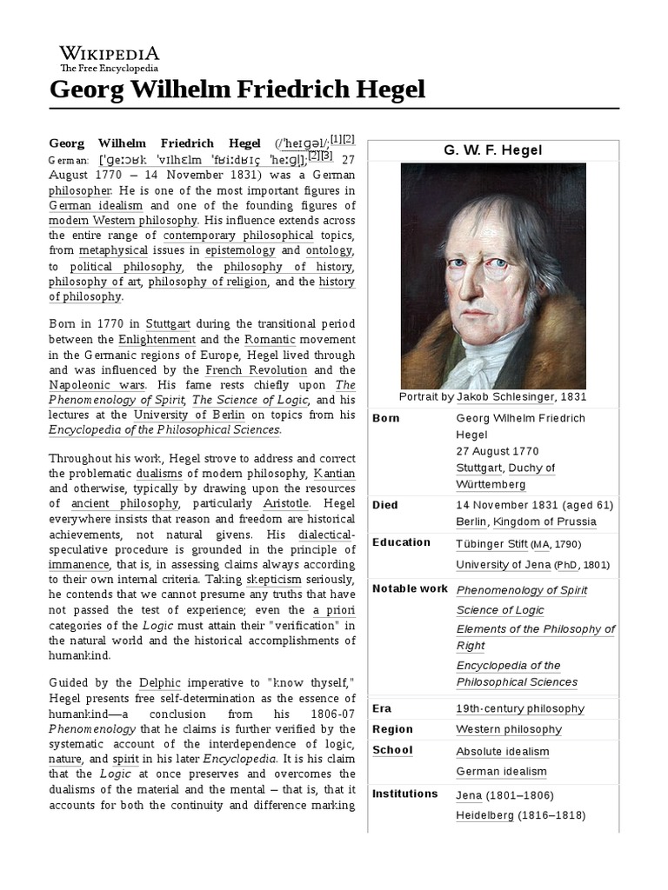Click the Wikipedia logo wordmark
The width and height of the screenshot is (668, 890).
pos(109,53)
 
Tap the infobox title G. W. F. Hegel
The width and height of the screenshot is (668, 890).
pos(492,150)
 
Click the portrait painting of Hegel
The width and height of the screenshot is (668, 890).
pos(493,276)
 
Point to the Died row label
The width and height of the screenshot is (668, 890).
pos(384,504)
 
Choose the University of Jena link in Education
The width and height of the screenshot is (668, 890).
pos(503,564)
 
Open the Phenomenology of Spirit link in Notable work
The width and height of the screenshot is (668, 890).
pos(522,590)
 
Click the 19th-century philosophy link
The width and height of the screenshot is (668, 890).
pos(520,708)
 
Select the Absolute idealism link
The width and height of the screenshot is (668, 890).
pos(503,751)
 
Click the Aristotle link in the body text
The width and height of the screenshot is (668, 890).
pos(309,503)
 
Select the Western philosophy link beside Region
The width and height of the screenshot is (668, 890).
pos(509,729)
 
